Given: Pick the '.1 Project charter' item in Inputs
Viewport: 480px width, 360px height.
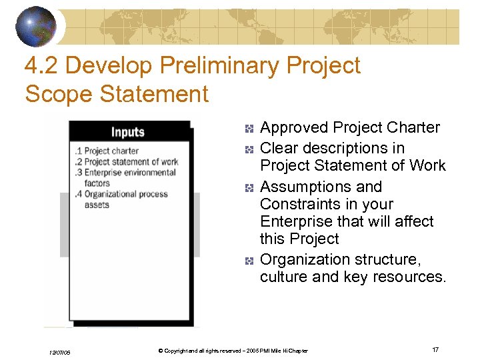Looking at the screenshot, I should click(107, 151).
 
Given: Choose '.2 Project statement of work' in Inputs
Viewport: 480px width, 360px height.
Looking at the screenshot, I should click(127, 161).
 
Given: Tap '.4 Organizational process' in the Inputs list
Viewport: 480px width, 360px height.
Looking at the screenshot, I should click(121, 194).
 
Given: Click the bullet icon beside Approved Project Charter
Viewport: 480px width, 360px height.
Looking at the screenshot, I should click(248, 128).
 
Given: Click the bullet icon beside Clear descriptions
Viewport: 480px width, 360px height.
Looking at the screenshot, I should click(248, 149).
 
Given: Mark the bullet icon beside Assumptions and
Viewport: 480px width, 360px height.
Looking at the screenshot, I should click(248, 187).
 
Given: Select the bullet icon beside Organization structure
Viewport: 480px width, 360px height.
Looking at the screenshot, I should click(248, 260).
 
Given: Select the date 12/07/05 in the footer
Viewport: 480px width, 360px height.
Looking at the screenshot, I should click(59, 351).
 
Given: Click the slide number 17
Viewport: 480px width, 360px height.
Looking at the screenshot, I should click(435, 350).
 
